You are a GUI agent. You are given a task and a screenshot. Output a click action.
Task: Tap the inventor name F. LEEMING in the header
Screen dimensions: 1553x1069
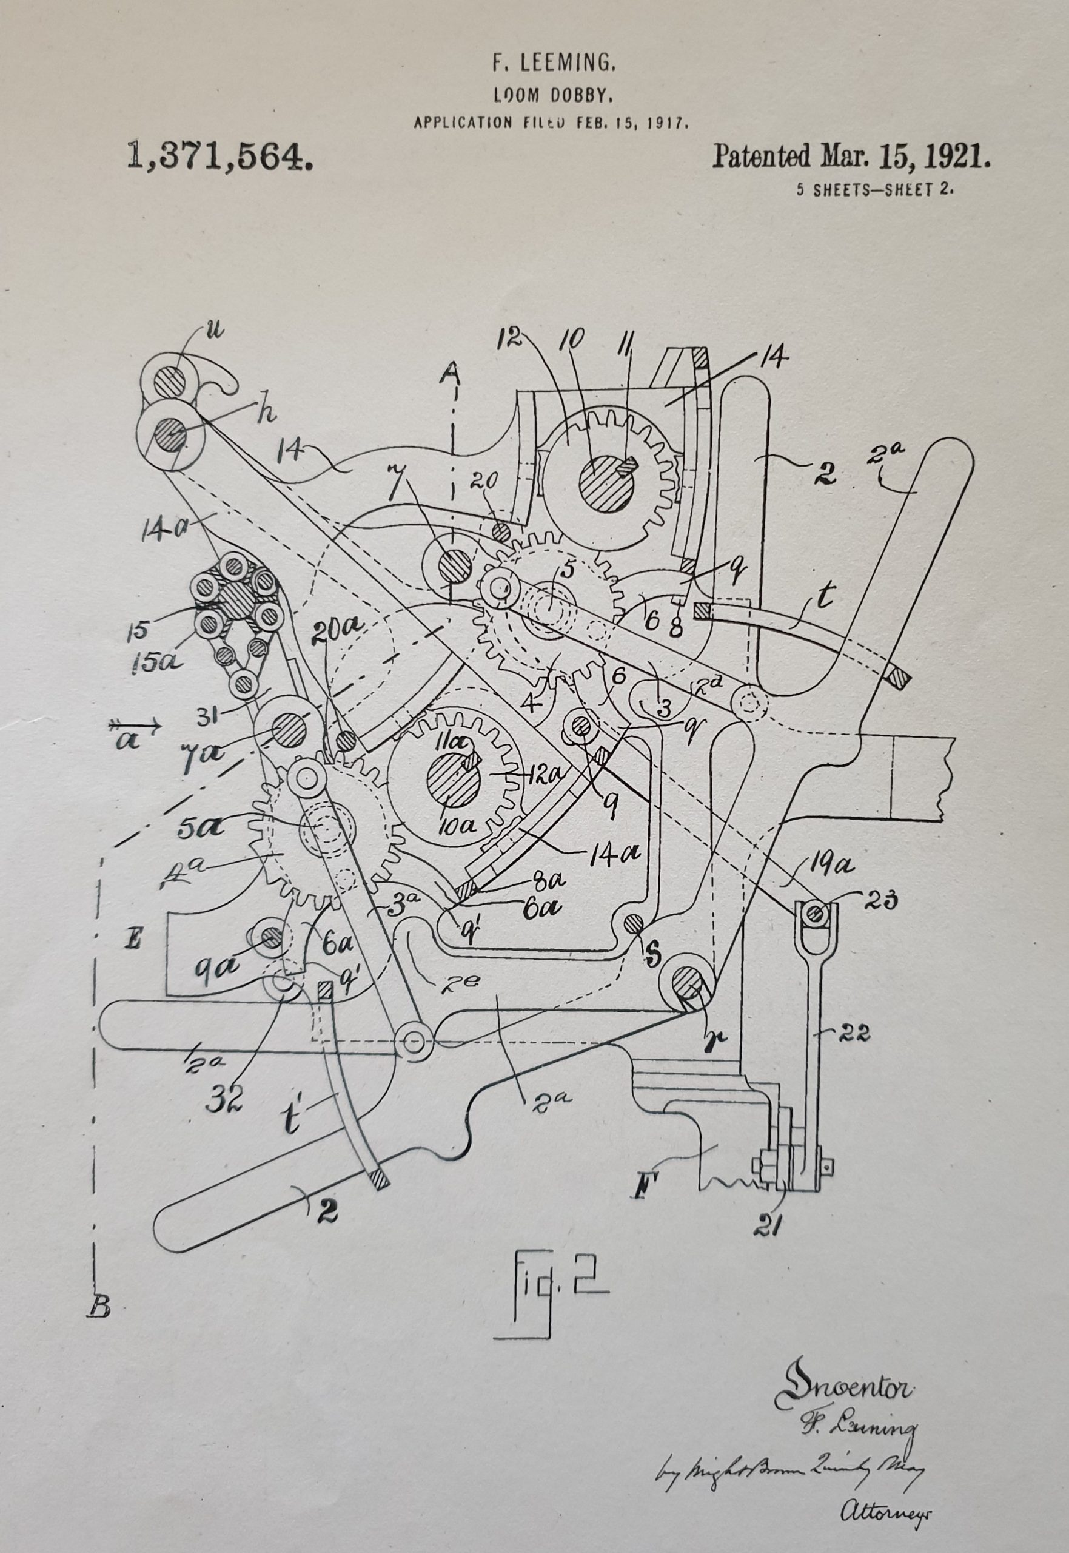coord(553,64)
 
